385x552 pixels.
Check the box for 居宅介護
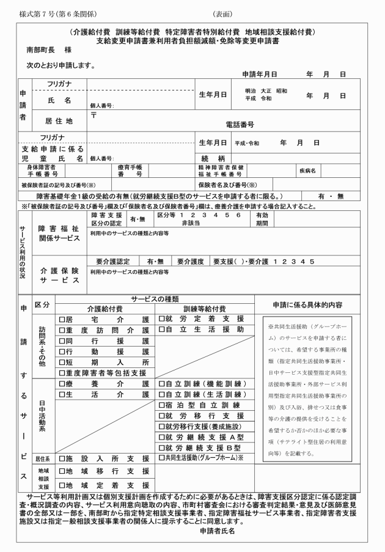click(x=62, y=319)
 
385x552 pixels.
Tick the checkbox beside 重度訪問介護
click(x=62, y=330)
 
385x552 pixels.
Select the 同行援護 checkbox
click(x=62, y=340)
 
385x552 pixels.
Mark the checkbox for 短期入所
click(x=62, y=362)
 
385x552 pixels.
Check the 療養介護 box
click(x=62, y=384)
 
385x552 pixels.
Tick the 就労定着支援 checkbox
click(x=162, y=319)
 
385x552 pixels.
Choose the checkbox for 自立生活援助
click(x=162, y=330)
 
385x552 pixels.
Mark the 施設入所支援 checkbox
click(x=62, y=457)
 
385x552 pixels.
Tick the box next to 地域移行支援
click(x=62, y=472)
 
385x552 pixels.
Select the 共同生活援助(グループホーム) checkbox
click(x=162, y=457)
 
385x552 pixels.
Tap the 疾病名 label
click(x=307, y=171)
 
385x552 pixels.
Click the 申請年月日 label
click(x=260, y=74)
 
